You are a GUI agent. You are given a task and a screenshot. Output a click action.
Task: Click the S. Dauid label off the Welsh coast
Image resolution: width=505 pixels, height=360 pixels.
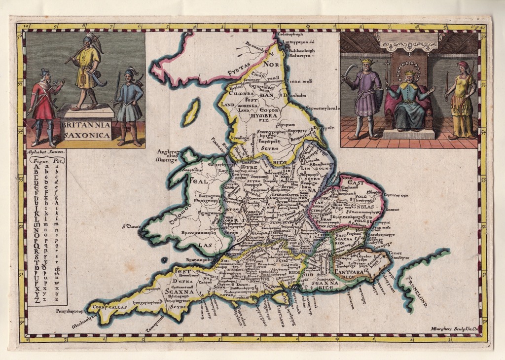tap(130, 227)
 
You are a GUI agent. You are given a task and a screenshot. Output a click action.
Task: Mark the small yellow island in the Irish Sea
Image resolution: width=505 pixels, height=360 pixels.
tap(190, 112)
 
